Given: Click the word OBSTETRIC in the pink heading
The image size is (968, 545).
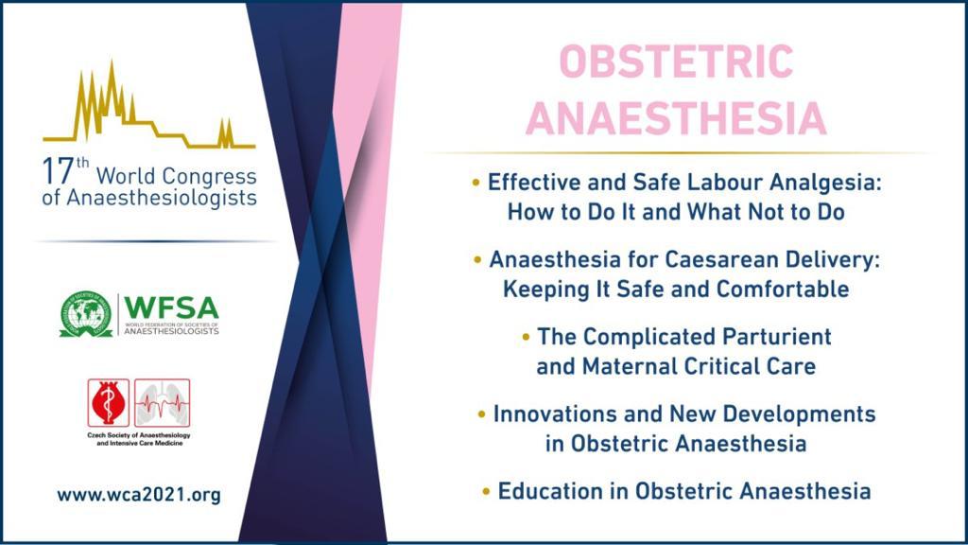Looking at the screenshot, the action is tap(676, 62).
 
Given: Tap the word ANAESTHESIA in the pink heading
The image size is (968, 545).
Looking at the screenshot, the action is tap(676, 118).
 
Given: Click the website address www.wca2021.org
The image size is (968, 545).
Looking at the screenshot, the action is tap(139, 495).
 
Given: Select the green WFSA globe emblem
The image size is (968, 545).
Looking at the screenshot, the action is tap(86, 314).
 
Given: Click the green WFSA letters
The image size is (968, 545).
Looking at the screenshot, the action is tap(171, 308).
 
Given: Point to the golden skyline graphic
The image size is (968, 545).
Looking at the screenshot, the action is tap(148, 104).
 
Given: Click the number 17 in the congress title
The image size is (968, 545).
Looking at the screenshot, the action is tap(58, 171).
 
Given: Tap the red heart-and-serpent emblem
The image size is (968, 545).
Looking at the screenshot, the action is tap(108, 403).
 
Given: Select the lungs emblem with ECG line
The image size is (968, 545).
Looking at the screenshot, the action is tap(163, 403).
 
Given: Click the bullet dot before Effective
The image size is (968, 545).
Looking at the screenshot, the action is tap(475, 183).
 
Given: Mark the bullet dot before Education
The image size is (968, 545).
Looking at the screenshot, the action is tap(486, 492).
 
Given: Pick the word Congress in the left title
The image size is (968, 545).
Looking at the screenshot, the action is tap(209, 177).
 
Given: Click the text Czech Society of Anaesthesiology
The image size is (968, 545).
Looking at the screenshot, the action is tap(139, 435).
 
